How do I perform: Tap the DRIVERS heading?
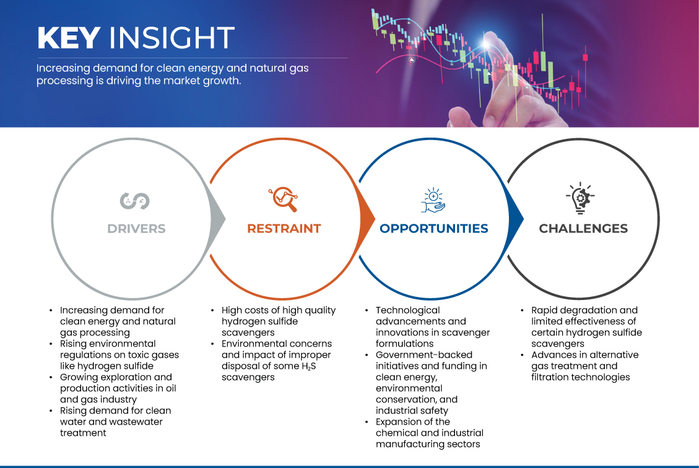click(x=136, y=229)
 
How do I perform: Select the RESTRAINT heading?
click(x=284, y=229)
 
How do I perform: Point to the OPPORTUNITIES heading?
click(x=434, y=229)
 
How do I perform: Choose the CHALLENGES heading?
click(x=583, y=229)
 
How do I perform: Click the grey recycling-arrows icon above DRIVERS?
click(x=134, y=201)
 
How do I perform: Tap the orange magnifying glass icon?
click(x=283, y=199)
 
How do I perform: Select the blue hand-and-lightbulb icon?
click(x=433, y=200)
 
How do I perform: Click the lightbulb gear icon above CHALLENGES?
click(x=580, y=198)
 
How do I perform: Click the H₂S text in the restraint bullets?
click(x=309, y=366)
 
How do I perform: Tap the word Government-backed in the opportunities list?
click(x=424, y=355)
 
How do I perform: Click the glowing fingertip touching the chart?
click(x=487, y=43)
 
